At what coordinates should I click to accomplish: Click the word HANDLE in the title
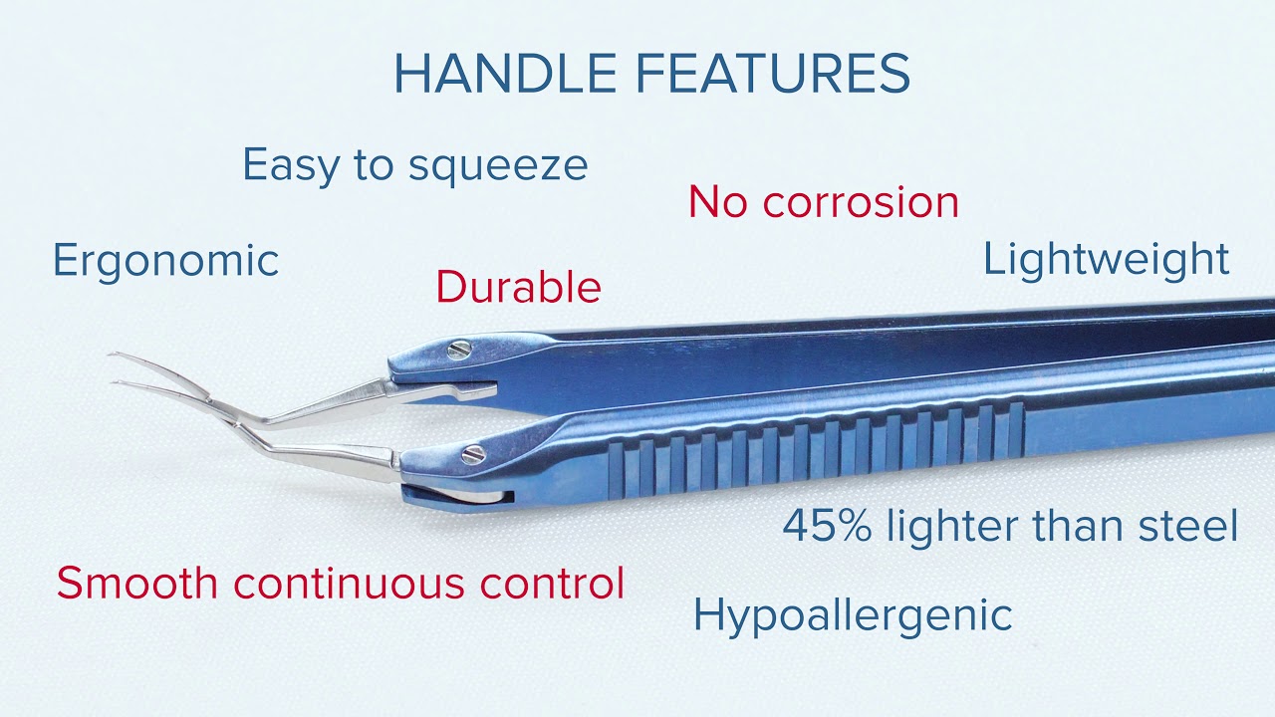(x=505, y=74)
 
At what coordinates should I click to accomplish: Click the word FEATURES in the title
(x=772, y=74)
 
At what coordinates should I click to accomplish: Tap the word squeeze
(x=498, y=166)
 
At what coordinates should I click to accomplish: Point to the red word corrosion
(x=861, y=203)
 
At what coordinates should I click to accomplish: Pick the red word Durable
(x=519, y=287)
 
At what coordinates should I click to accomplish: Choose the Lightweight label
(x=1107, y=260)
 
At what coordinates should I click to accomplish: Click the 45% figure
(x=827, y=526)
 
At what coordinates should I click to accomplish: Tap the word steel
(x=1188, y=526)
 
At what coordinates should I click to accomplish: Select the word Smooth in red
(x=137, y=583)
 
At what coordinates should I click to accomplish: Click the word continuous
(x=349, y=583)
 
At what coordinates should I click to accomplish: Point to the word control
(x=552, y=583)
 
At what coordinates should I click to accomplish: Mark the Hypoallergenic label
(x=853, y=616)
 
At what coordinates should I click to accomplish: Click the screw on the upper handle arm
(x=459, y=350)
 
